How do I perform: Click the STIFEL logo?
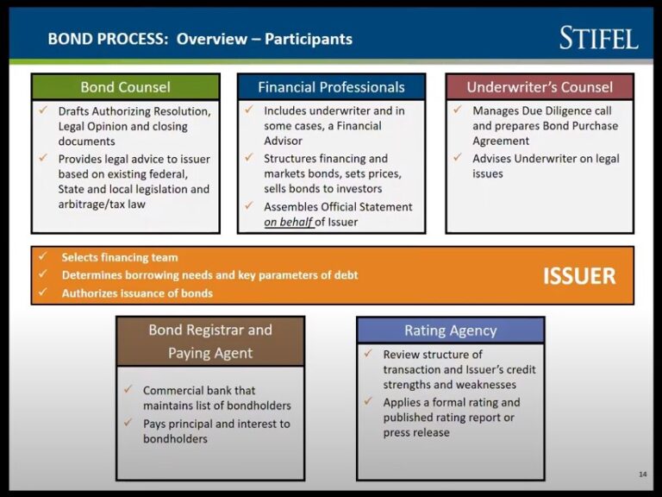coord(599,38)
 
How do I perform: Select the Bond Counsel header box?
coord(126,87)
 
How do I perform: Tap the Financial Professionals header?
coord(331,87)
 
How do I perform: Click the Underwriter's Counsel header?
coord(540,87)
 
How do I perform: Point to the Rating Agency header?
coord(450,330)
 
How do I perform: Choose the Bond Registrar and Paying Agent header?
coord(210,341)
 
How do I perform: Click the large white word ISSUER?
coord(578,276)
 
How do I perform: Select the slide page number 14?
coord(642,474)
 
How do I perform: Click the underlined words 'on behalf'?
coord(289,222)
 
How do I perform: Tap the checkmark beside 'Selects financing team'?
coord(42,257)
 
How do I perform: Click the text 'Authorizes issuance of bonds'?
coord(137,293)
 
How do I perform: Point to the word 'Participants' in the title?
coord(309,39)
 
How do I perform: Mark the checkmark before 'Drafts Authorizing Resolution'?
coord(42,110)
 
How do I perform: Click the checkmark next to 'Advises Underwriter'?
coord(458,158)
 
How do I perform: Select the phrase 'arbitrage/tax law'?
coord(102,204)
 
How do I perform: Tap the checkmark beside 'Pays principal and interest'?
coord(127,423)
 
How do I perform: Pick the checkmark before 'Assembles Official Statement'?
coord(249,206)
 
